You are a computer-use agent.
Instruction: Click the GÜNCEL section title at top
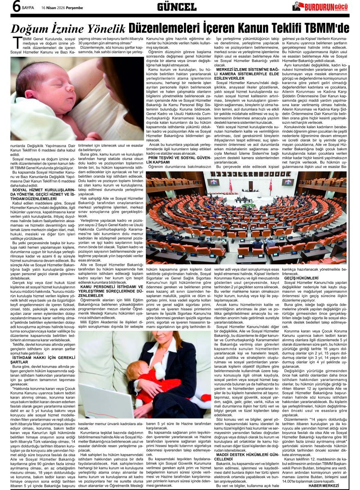click(177, 7)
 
